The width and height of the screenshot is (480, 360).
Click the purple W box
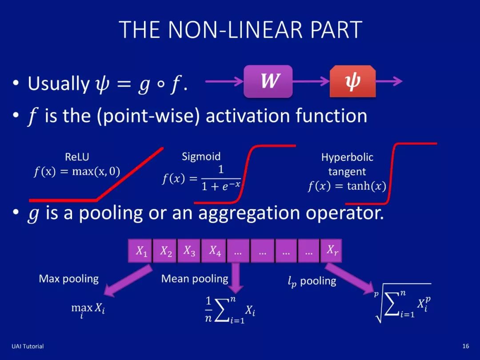268,81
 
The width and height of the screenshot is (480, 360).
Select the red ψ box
352,81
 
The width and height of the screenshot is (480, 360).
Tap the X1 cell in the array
141,251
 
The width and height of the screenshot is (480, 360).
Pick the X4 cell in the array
215,251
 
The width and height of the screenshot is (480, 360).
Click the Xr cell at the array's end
332,251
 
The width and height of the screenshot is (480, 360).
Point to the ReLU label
76,157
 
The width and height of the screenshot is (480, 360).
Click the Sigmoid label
201,156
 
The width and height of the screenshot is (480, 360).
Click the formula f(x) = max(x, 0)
77,172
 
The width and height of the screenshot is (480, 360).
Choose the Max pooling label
69,279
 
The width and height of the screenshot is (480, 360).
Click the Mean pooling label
195,279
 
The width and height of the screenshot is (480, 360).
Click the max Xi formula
88,308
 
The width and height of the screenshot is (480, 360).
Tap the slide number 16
466,346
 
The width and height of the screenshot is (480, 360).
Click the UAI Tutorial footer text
28,346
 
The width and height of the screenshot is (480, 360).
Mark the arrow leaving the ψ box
389,81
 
